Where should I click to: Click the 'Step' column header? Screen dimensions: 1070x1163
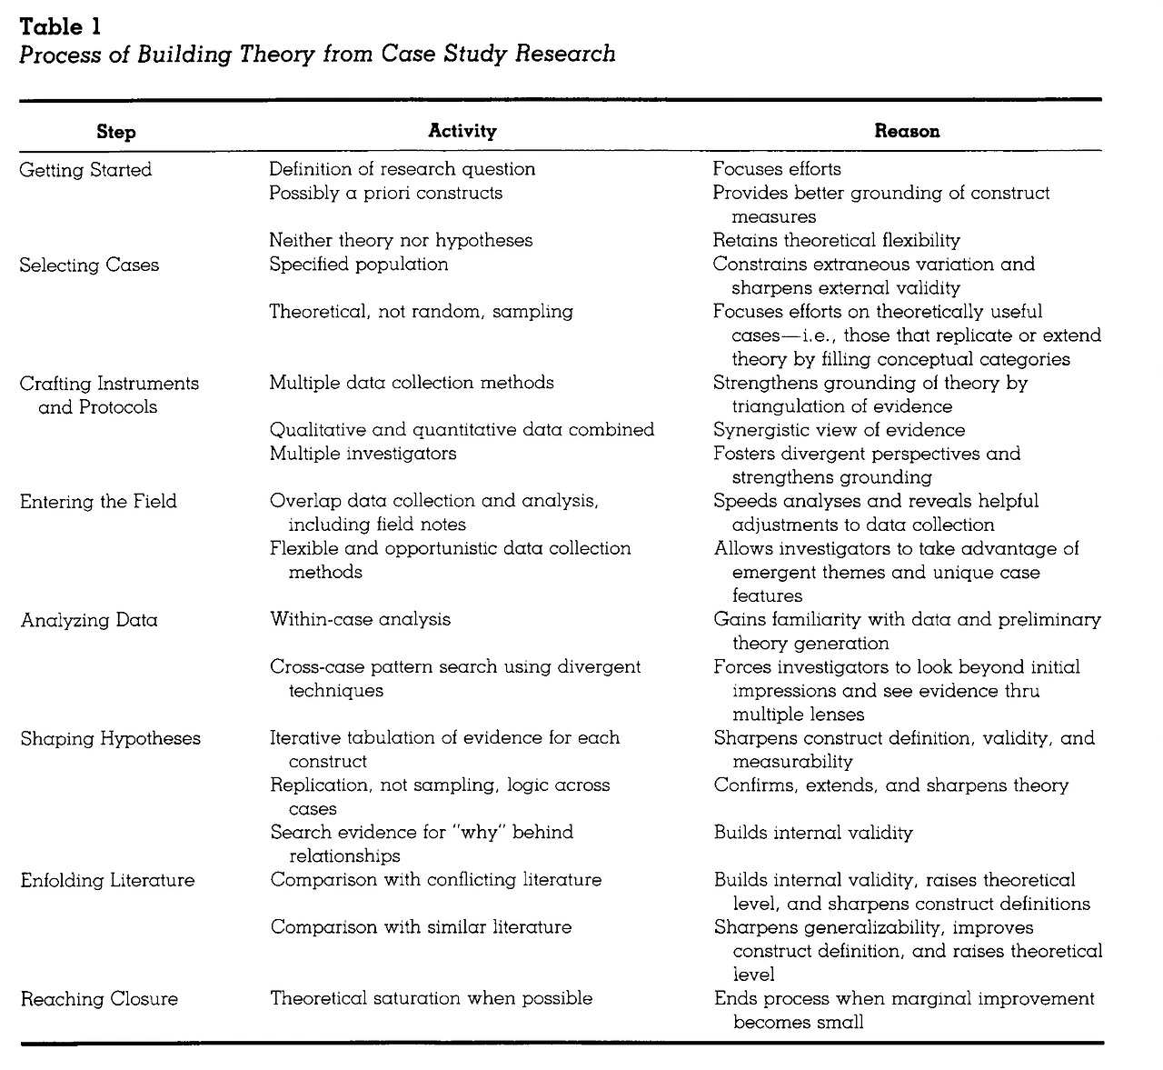pyautogui.click(x=116, y=132)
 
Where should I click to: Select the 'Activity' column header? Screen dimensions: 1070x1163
pyautogui.click(x=462, y=131)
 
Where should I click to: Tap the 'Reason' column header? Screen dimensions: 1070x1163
pyautogui.click(x=907, y=131)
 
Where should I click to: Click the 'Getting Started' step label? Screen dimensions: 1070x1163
pyautogui.click(x=85, y=170)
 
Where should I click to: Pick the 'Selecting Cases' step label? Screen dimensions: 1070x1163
pyautogui.click(x=89, y=265)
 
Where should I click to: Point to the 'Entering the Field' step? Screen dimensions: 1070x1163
pyautogui.click(x=98, y=502)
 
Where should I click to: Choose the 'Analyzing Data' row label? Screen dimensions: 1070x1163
pyautogui.click(x=89, y=621)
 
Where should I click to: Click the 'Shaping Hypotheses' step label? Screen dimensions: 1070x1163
pyautogui.click(x=111, y=739)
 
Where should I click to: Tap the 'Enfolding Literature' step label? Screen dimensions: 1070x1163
pyautogui.click(x=107, y=881)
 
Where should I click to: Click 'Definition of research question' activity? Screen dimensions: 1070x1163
pyautogui.click(x=402, y=169)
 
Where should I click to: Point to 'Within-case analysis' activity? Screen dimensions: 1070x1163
pyautogui.click(x=360, y=620)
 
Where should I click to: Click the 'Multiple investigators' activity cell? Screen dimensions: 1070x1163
pyautogui.click(x=363, y=453)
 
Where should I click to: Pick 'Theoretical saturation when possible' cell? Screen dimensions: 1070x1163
pyautogui.click(x=432, y=999)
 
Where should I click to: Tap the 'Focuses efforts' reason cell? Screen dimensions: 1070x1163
pyautogui.click(x=777, y=169)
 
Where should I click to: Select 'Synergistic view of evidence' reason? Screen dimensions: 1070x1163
pyautogui.click(x=839, y=430)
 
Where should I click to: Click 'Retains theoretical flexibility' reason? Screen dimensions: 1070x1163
pyautogui.click(x=836, y=241)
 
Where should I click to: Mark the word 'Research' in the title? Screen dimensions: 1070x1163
pyautogui.click(x=565, y=54)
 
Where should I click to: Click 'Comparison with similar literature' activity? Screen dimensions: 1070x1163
pyautogui.click(x=421, y=928)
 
